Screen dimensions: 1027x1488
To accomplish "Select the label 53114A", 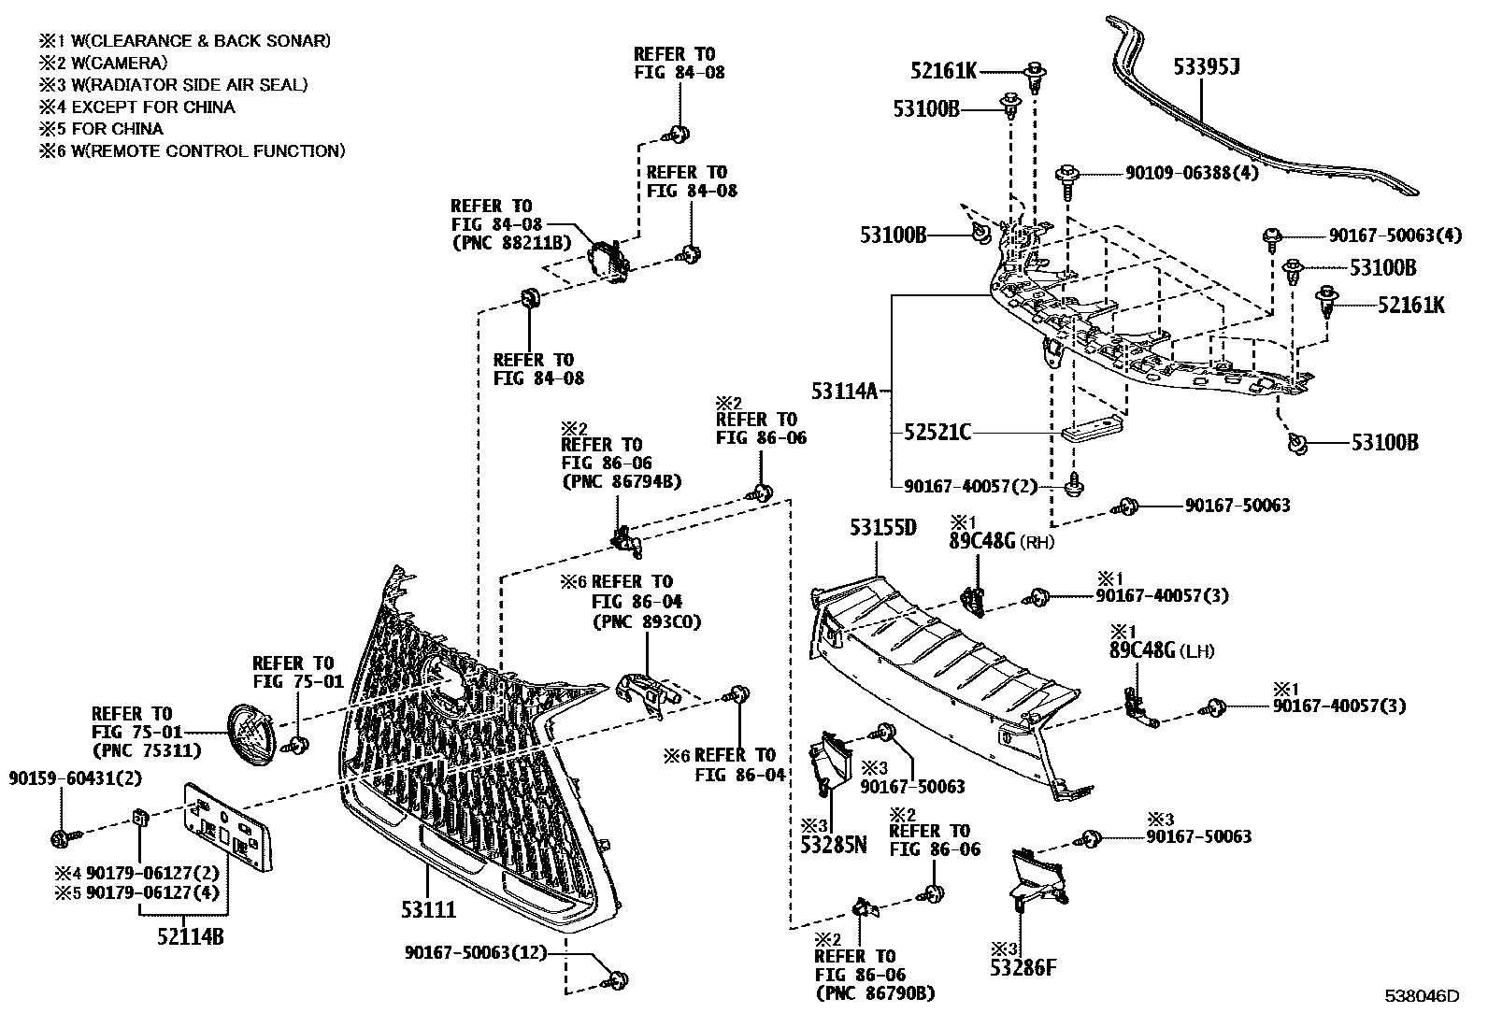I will tap(844, 392).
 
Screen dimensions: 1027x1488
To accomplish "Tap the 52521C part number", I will tap(937, 433).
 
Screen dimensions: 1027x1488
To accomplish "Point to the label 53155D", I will tap(883, 527).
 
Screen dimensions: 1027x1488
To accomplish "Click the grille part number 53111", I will tap(427, 908).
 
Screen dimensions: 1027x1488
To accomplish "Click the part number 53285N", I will tap(834, 846).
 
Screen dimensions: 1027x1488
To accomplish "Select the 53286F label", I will tap(1023, 967).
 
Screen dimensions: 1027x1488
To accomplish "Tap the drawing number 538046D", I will tap(1422, 996).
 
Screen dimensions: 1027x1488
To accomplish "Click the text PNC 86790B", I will tap(875, 993).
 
